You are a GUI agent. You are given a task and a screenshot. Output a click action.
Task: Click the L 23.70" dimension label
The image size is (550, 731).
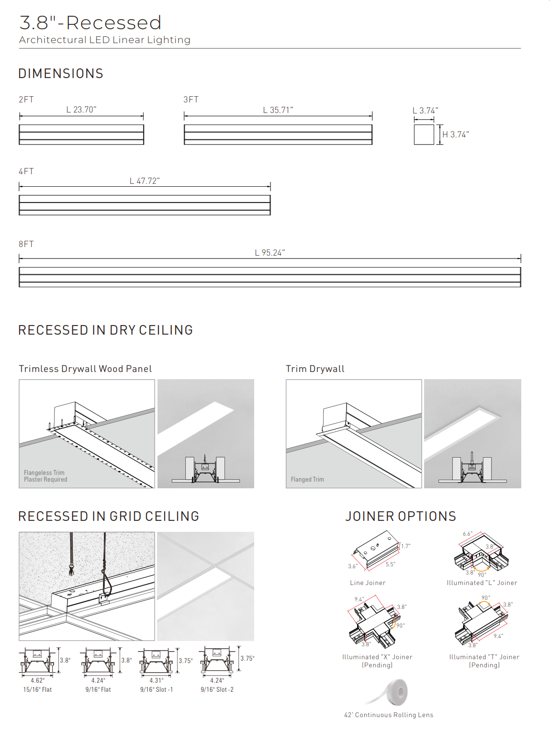[81, 110]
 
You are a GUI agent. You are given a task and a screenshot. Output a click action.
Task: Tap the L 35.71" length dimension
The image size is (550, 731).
[278, 110]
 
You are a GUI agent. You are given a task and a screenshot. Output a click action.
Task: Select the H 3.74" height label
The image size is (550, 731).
[455, 135]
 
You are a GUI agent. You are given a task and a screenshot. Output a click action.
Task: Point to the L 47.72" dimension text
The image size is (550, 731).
[145, 181]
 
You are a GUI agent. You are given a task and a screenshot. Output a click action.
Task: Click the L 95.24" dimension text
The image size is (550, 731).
[269, 253]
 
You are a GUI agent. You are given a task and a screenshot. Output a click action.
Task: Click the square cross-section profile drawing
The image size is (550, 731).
[424, 135]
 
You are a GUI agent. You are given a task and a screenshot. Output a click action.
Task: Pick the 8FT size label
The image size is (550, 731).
[26, 244]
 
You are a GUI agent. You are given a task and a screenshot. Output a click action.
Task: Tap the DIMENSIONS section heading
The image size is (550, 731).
[61, 74]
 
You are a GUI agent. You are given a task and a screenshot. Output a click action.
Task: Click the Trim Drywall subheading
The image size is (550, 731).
[315, 369]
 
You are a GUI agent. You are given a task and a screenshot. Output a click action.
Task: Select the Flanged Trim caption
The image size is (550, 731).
[307, 480]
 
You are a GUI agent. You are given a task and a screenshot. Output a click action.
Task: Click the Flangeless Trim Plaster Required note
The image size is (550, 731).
[45, 476]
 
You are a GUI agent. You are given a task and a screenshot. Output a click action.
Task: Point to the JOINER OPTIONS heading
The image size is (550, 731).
[401, 517]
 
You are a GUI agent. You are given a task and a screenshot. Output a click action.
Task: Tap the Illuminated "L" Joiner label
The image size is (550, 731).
[482, 583]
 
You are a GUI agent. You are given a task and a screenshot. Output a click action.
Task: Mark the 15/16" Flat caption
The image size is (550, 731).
[37, 690]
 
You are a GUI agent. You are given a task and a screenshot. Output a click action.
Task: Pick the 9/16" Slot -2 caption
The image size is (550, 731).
[217, 690]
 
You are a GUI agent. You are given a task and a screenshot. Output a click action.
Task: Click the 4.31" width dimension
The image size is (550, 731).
[156, 680]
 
